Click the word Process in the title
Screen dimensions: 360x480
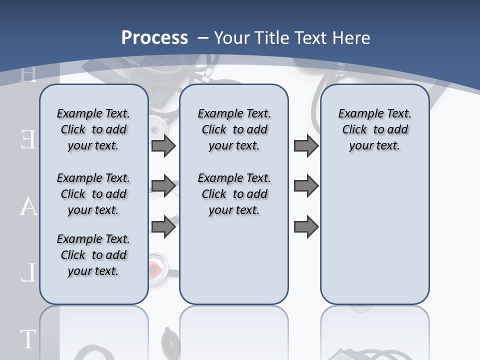tap(154, 37)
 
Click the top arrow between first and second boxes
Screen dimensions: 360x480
tap(163, 145)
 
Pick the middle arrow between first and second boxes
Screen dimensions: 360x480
tap(163, 186)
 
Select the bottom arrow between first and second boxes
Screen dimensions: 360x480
tap(163, 227)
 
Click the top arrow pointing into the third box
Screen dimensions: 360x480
tap(306, 145)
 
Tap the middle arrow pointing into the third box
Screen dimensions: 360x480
tap(306, 186)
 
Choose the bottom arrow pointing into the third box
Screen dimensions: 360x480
tap(306, 227)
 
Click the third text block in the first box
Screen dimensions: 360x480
tap(93, 255)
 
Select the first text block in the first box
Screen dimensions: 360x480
tap(93, 129)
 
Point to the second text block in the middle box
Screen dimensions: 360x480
tap(234, 194)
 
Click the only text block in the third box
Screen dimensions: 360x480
tap(374, 129)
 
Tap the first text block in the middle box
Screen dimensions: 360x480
tap(234, 129)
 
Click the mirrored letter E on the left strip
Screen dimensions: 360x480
tap(28, 139)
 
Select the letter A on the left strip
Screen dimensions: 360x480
tap(28, 206)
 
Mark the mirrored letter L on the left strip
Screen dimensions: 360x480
tap(28, 273)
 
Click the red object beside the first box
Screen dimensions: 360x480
tap(155, 268)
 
